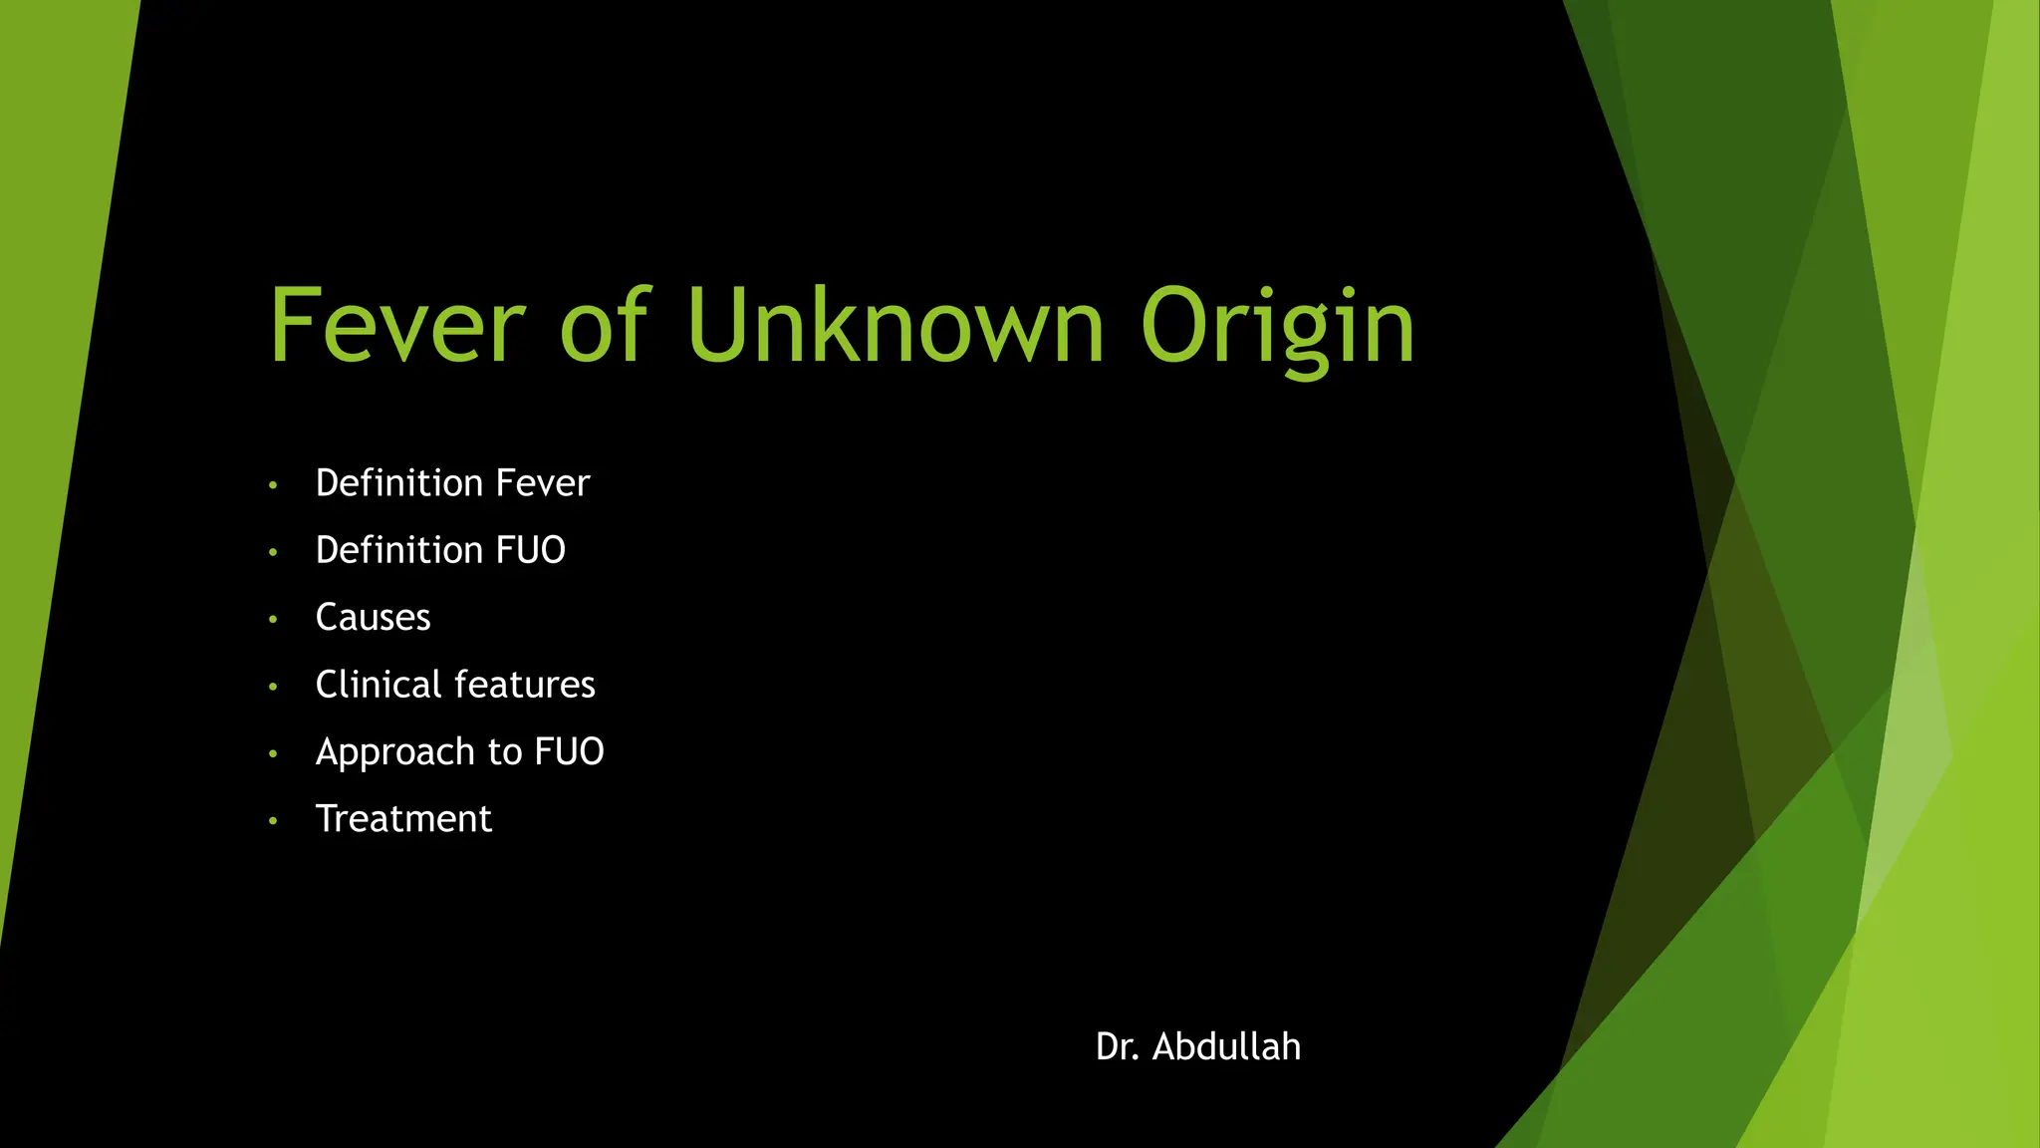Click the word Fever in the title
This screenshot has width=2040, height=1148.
(x=396, y=326)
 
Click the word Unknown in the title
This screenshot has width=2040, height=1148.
(x=894, y=326)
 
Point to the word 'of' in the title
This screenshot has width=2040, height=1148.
(x=605, y=326)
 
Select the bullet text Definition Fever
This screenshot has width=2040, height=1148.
(x=452, y=483)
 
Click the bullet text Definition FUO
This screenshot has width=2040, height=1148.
(x=440, y=550)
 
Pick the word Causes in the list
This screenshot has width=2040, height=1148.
(x=373, y=618)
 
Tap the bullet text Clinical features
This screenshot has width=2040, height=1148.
(x=455, y=685)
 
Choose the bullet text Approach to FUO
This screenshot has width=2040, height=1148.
(x=459, y=752)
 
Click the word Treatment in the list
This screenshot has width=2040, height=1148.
(x=403, y=819)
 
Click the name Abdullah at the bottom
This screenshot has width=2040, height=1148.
(x=1226, y=1047)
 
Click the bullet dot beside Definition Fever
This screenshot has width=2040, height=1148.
(x=273, y=486)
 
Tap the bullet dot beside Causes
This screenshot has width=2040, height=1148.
(x=273, y=620)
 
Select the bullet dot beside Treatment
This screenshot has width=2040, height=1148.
(x=273, y=821)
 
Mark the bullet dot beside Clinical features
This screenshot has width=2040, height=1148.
(x=273, y=687)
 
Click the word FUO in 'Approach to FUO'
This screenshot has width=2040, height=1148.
(x=569, y=752)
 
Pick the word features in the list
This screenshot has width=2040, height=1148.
(x=525, y=685)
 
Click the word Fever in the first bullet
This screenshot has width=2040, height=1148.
(x=543, y=483)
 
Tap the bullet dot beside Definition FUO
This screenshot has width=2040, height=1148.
(x=273, y=553)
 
